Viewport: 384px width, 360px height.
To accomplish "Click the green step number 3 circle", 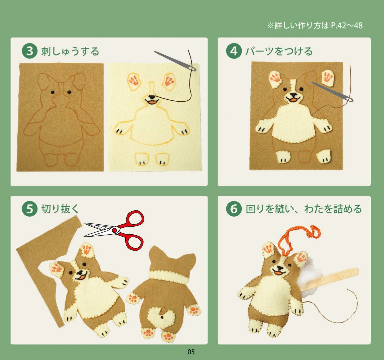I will pos(29,51).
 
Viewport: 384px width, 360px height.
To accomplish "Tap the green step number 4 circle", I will pos(234,51).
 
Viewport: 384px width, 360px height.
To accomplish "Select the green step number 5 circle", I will pos(29,209).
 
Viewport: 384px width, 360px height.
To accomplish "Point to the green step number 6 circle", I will pos(234,209).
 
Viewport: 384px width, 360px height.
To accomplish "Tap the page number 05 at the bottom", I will pos(191,352).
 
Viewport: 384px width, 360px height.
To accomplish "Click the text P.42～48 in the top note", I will pos(347,25).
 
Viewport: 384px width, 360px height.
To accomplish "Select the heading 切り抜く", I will pos(60,209).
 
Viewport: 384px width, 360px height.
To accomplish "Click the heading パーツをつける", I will pos(279,51).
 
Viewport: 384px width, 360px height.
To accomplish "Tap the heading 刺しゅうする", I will pos(70,51).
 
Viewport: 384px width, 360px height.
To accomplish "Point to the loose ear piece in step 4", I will pos(327,78).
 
